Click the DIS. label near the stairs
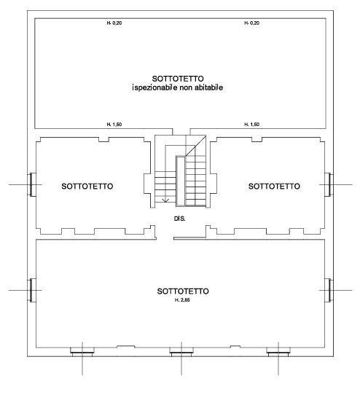click(179, 219)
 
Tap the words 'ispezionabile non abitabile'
click(178, 87)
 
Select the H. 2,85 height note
click(182, 300)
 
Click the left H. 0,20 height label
click(114, 23)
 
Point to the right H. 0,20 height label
click(252, 23)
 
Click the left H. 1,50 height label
click(114, 125)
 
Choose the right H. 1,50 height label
click(252, 125)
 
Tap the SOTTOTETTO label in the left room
click(87, 187)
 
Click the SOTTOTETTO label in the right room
click(274, 187)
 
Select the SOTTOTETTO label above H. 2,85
click(183, 291)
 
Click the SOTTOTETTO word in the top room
click(178, 78)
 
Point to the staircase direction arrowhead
click(165, 200)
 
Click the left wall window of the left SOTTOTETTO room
click(32, 184)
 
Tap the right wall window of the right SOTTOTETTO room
click(329, 184)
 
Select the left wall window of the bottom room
click(32, 290)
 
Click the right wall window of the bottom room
click(329, 290)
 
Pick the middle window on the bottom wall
click(181, 352)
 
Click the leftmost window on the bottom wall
click(82, 352)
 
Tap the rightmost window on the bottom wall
click(278, 352)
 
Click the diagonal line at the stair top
click(196, 146)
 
